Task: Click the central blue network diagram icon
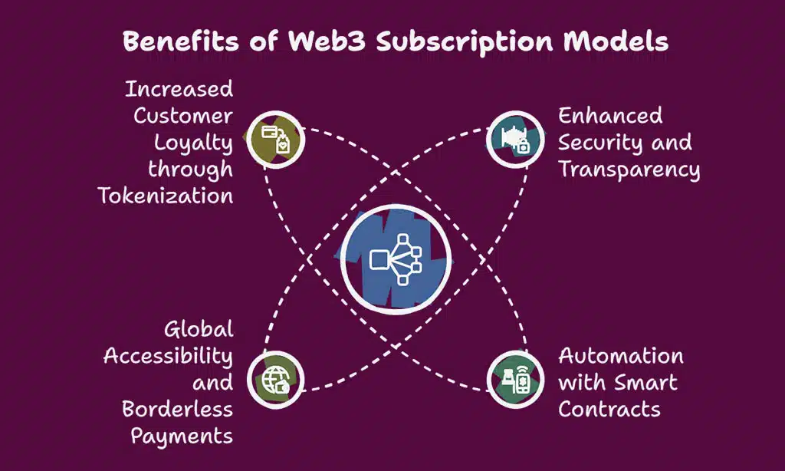coord(396,260)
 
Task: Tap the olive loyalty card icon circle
coord(277,139)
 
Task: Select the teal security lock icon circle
coord(514,139)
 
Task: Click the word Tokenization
coord(166,195)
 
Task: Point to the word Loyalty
coord(193,143)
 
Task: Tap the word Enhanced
coord(610,116)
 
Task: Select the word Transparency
coord(629,170)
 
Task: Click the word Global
coord(199,330)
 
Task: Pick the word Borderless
coord(177,408)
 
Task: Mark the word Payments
coord(182,436)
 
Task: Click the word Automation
coord(621,356)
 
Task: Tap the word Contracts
coord(609,408)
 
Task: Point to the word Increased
coord(179,89)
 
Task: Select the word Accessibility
coord(168,356)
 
